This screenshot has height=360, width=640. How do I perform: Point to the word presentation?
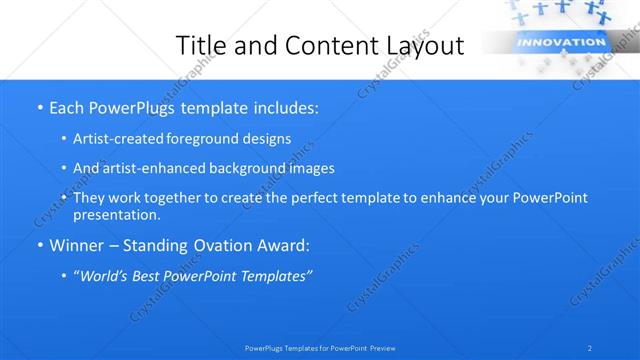pyautogui.click(x=116, y=215)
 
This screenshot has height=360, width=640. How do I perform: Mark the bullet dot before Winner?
pyautogui.click(x=39, y=245)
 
